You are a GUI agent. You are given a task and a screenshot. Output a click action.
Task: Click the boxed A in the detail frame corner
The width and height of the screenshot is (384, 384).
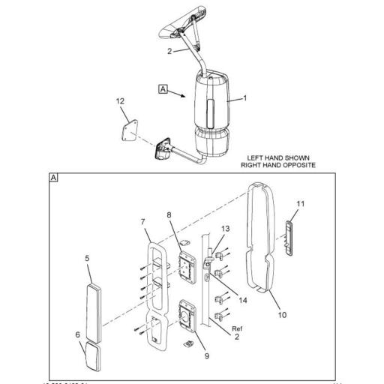click(52, 178)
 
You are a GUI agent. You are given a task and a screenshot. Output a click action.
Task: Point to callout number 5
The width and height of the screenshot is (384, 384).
click(87, 259)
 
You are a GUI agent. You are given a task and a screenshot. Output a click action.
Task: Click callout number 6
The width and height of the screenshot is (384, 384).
click(77, 334)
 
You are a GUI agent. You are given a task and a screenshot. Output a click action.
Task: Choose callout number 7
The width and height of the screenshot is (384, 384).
click(142, 221)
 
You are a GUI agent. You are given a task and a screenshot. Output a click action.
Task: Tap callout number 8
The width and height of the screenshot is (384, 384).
click(169, 215)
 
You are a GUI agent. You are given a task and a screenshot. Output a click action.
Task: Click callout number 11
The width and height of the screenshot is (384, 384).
click(301, 204)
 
